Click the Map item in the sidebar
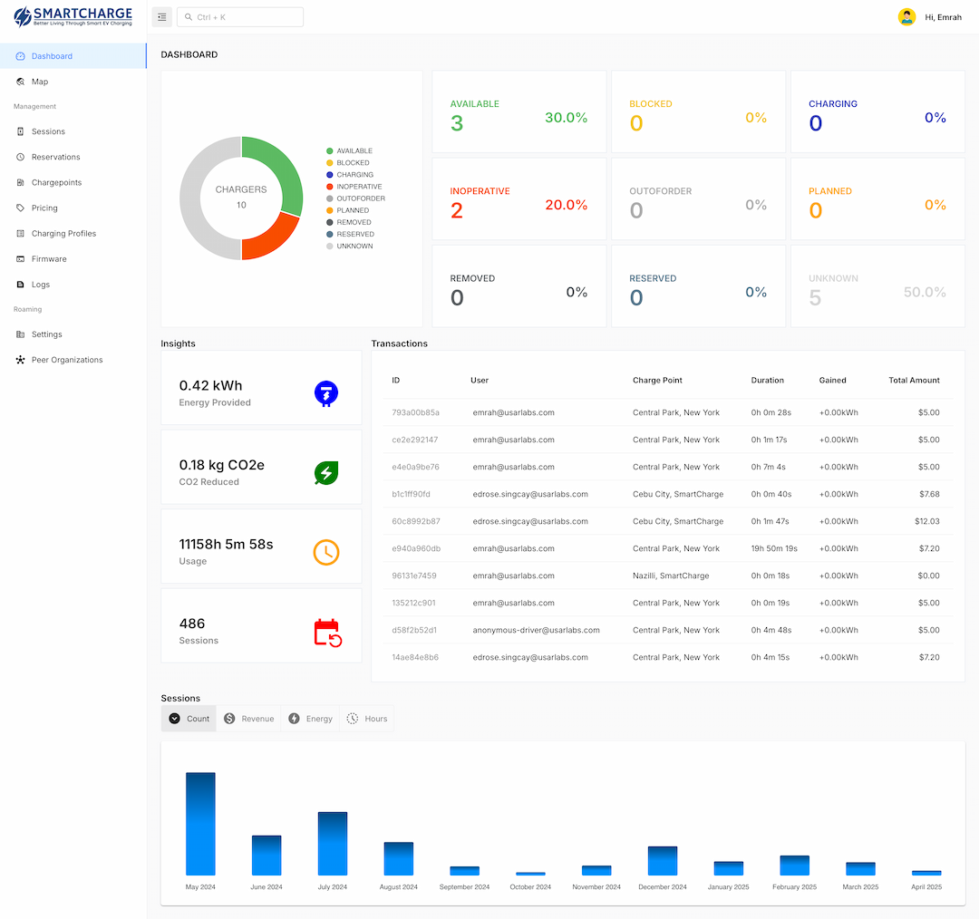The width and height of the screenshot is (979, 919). pos(39,82)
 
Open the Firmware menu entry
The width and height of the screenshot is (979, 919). pos(49,259)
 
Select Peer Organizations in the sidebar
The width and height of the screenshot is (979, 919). pos(66,360)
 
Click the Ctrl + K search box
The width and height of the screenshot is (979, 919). pos(240,17)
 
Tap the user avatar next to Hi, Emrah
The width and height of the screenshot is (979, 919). pos(906,17)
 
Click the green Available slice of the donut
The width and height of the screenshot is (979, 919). pos(276,172)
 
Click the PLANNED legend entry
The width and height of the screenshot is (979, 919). pos(352,210)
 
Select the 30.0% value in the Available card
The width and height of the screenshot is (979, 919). pos(566,118)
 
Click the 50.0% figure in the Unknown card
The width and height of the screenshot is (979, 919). pos(925,293)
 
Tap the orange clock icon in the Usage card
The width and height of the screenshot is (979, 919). pos(326,552)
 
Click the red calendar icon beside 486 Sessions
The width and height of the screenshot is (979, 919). pos(326,632)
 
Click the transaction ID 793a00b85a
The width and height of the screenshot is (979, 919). pos(415,412)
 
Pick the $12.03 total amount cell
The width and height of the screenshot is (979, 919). pos(927,521)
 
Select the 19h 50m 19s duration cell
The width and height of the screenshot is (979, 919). pos(774,548)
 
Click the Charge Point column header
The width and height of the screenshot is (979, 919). pos(657,381)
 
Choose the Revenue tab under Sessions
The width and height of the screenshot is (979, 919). pos(248,719)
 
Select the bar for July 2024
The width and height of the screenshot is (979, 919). pos(333,843)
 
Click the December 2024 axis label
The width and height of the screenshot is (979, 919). pos(663,887)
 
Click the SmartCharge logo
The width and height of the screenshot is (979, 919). pos(73,17)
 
